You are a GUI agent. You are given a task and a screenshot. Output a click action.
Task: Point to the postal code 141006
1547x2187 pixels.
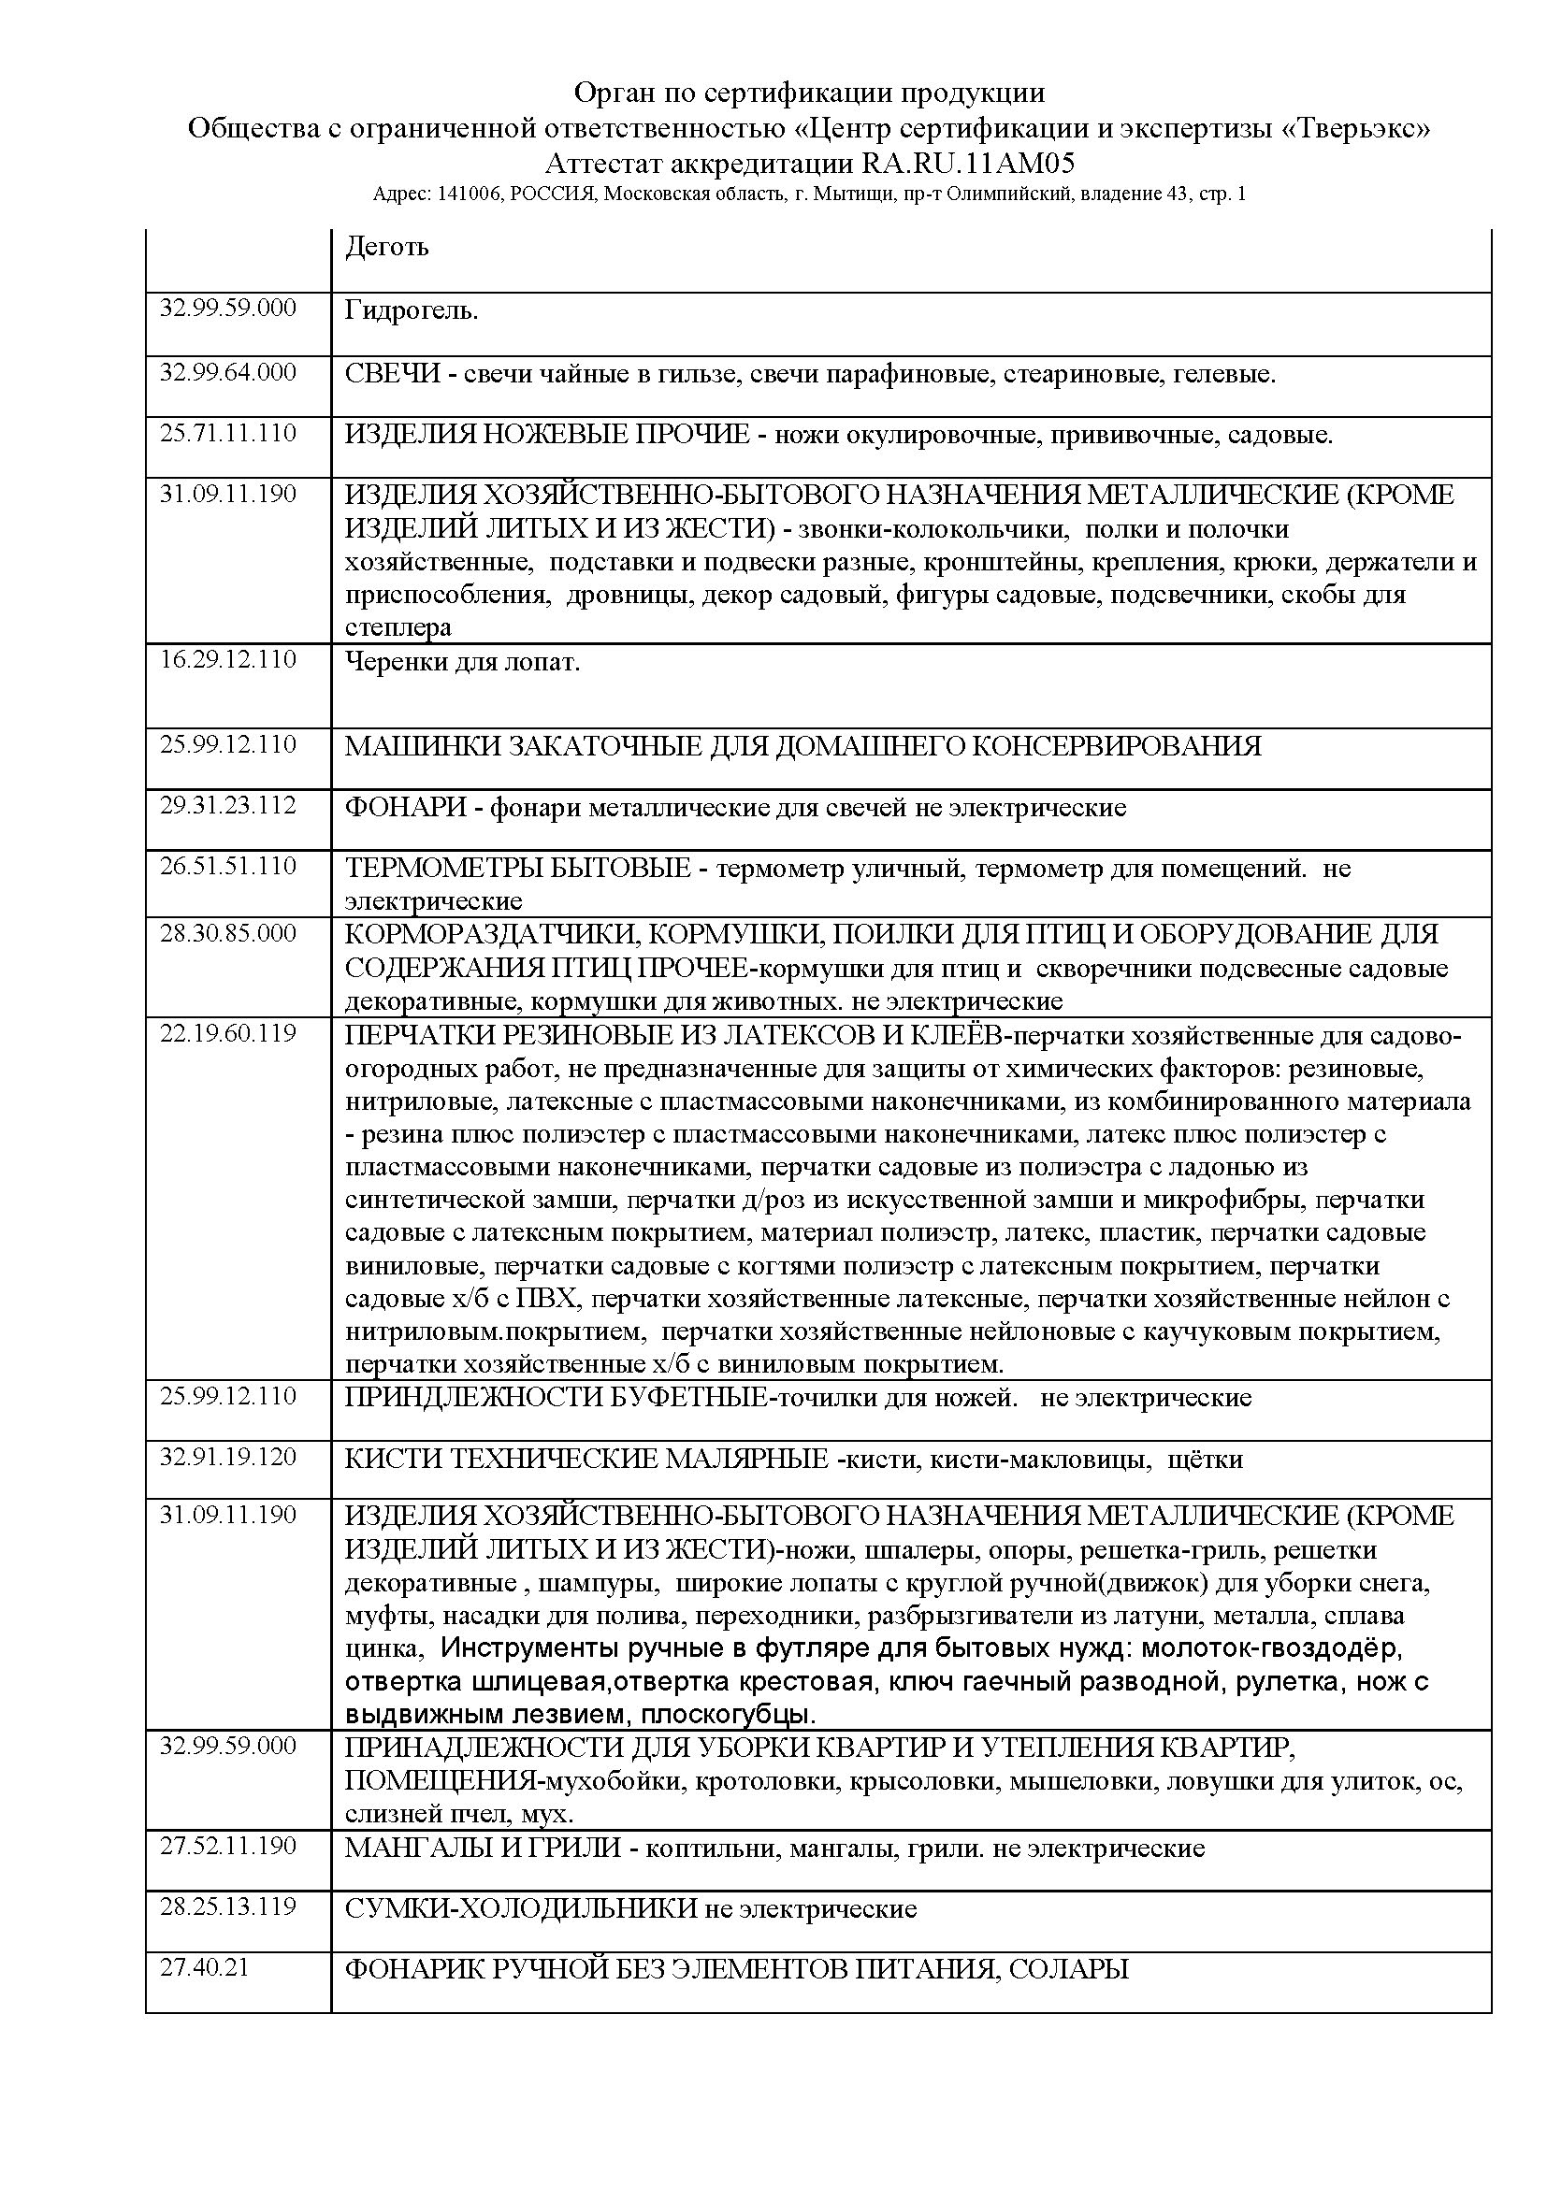(x=470, y=194)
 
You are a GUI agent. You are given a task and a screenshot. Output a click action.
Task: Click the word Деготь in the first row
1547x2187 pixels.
(x=387, y=247)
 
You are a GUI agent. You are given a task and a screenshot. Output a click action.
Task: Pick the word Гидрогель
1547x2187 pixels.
(x=412, y=310)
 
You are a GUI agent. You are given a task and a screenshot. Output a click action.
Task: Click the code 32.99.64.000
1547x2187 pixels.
(x=227, y=371)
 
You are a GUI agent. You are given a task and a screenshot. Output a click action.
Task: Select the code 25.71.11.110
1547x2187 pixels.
(x=227, y=434)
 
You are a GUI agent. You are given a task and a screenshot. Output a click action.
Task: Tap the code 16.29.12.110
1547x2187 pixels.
(x=227, y=659)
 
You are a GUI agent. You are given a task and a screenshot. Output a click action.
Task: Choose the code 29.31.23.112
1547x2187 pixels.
(x=227, y=805)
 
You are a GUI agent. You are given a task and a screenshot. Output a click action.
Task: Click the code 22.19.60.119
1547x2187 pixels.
(x=227, y=1032)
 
